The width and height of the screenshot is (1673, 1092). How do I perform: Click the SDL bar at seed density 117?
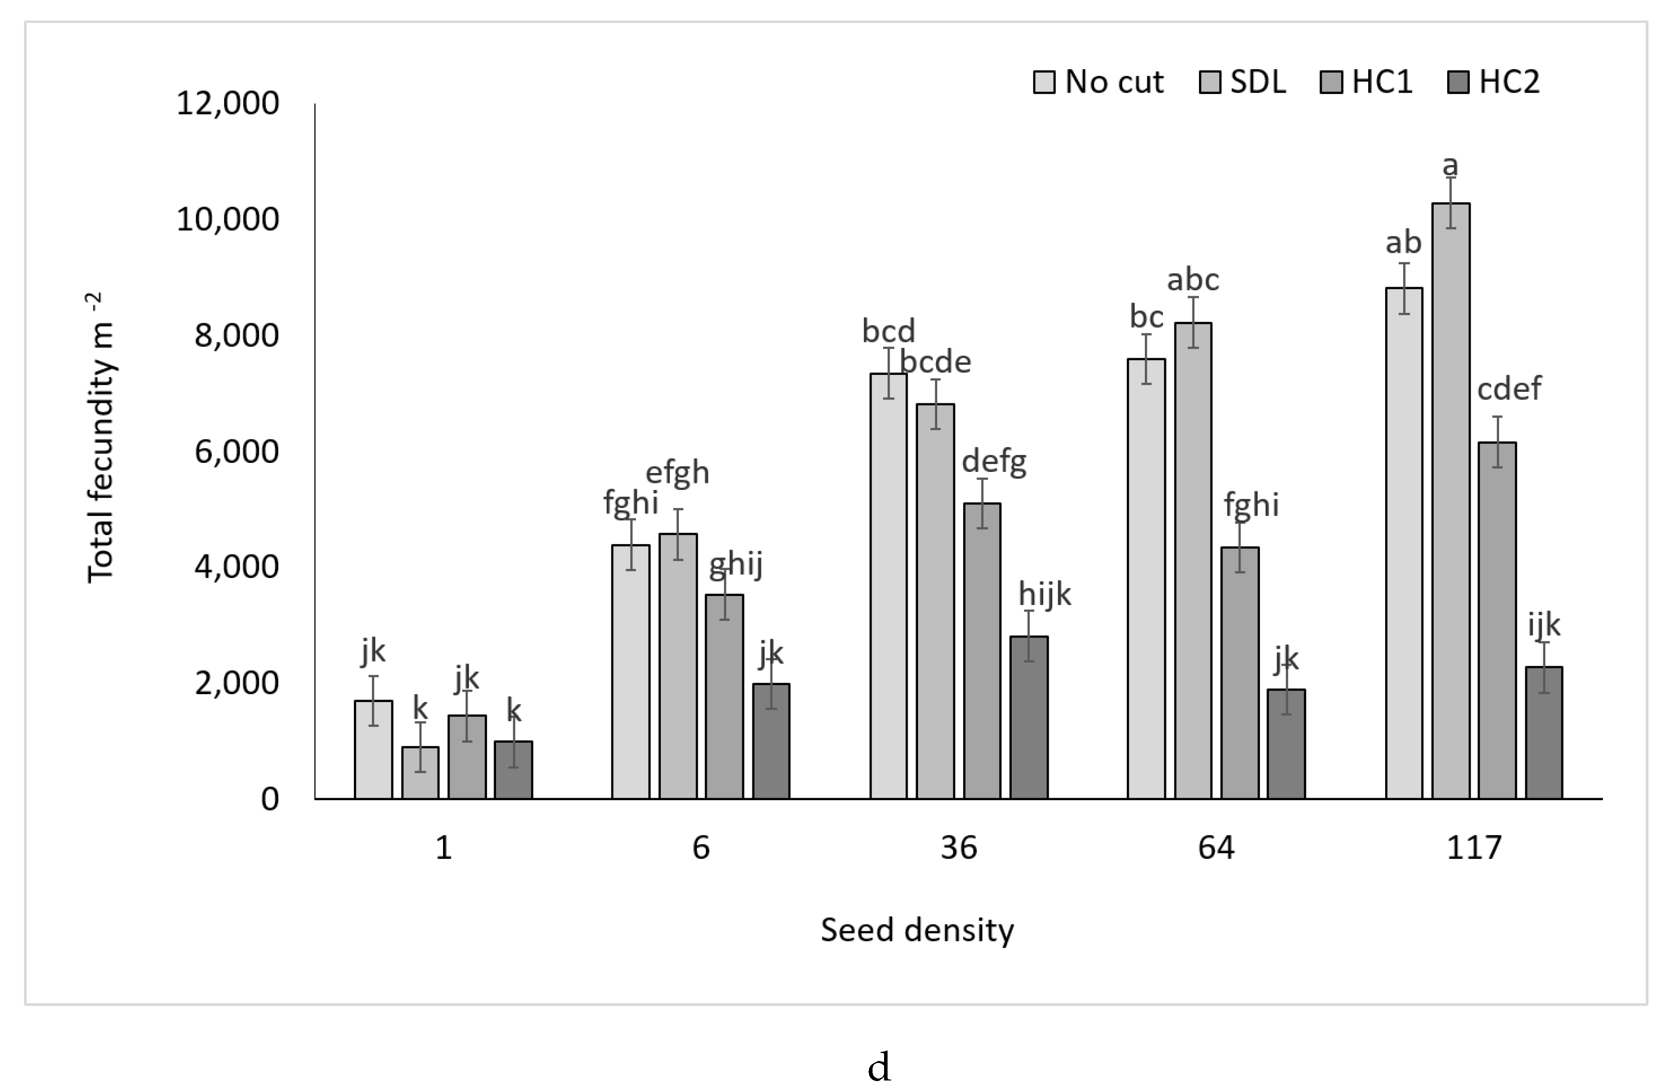tap(1450, 500)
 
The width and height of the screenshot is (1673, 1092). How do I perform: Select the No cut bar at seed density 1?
tap(373, 749)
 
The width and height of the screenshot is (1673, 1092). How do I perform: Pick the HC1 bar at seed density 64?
tap(1239, 673)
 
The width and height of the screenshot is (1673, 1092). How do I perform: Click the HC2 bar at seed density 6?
tap(771, 741)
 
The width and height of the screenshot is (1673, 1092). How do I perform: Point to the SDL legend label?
tap(1258, 82)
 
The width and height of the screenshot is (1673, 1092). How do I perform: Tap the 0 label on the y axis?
tap(270, 799)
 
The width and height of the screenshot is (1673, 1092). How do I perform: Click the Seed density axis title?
tap(917, 930)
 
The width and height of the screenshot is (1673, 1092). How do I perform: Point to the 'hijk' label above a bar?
tap(1045, 595)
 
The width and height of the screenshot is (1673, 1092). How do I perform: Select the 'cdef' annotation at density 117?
tap(1508, 388)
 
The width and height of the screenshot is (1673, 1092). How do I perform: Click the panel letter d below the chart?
tap(880, 1067)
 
